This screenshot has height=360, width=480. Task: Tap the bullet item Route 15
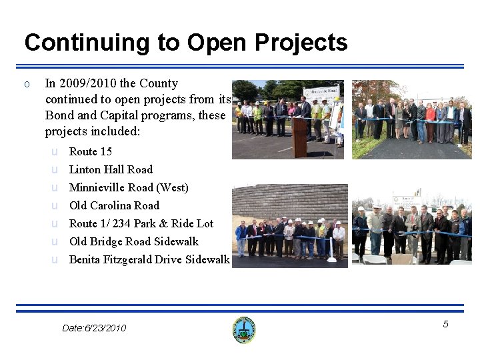pyautogui.click(x=91, y=151)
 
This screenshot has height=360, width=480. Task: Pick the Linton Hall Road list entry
pyautogui.click(x=111, y=169)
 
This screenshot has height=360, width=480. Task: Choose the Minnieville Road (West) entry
pyautogui.click(x=129, y=187)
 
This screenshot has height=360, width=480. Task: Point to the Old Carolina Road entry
pyautogui.click(x=114, y=205)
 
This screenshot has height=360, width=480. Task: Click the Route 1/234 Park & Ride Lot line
pyautogui.click(x=141, y=223)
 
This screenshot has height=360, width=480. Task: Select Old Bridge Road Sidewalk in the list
pyautogui.click(x=134, y=241)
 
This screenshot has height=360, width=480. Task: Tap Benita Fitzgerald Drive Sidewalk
pyautogui.click(x=149, y=259)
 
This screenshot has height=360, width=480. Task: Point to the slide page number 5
pyautogui.click(x=446, y=324)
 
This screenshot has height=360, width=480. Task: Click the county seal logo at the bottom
pyautogui.click(x=244, y=330)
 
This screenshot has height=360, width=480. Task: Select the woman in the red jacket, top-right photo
pyautogui.click(x=430, y=120)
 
